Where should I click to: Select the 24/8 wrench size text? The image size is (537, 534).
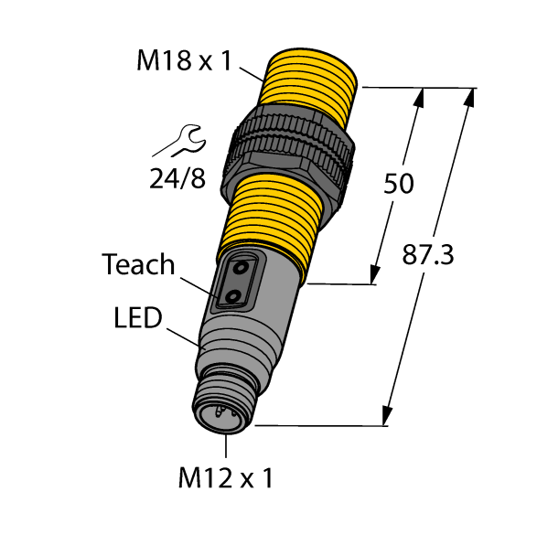coord(178,177)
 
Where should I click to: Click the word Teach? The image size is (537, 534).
coord(138,265)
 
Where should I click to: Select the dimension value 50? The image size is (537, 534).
coord(398,183)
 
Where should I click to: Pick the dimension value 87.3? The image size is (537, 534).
coord(428,257)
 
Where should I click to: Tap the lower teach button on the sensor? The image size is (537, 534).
coord(233,297)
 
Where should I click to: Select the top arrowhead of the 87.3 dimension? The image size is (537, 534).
coord(471,97)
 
